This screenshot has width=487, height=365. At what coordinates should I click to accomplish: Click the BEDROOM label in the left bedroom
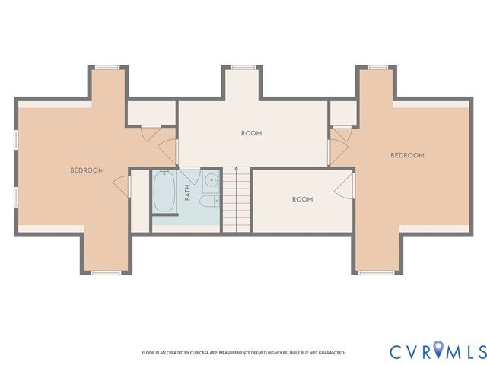pyautogui.click(x=87, y=170)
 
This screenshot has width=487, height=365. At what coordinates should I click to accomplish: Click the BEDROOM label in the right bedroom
pyautogui.click(x=407, y=155)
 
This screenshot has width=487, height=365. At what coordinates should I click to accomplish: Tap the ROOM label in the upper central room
pyautogui.click(x=251, y=133)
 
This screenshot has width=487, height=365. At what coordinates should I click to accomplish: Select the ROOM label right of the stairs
pyautogui.click(x=302, y=199)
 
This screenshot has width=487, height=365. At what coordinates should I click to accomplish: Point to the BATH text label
pyautogui.click(x=188, y=193)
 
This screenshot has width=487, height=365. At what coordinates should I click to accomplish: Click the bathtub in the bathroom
pyautogui.click(x=164, y=193)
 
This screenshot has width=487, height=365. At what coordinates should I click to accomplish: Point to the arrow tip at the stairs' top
pyautogui.click(x=237, y=167)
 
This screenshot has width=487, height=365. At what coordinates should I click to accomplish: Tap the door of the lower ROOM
pyautogui.click(x=345, y=185)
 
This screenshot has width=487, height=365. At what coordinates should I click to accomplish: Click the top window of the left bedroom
pyautogui.click(x=107, y=68)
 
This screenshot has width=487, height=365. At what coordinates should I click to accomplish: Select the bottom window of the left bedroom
pyautogui.click(x=106, y=271)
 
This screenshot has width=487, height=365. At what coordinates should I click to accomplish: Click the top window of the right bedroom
pyautogui.click(x=378, y=68)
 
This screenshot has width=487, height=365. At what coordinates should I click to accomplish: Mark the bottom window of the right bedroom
pyautogui.click(x=377, y=271)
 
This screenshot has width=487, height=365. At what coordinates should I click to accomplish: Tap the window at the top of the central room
pyautogui.click(x=242, y=68)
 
